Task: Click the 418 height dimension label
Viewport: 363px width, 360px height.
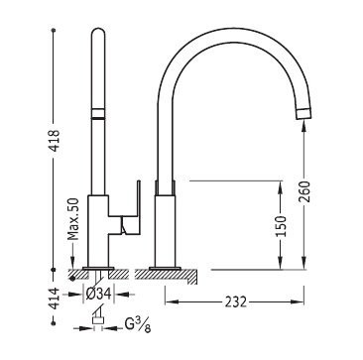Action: coord(54,140)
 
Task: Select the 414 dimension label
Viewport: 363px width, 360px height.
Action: coord(54,299)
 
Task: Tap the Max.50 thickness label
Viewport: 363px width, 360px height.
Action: coord(73,219)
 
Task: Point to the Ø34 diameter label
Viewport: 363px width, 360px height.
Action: coord(98,294)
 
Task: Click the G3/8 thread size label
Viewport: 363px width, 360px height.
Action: coord(138,325)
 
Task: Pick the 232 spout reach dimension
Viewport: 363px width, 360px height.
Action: coord(236,301)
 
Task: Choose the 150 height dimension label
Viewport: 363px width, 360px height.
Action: coord(281,226)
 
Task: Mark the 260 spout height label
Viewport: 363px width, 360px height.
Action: coord(304,191)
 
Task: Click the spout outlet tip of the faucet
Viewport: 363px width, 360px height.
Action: coord(303,113)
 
